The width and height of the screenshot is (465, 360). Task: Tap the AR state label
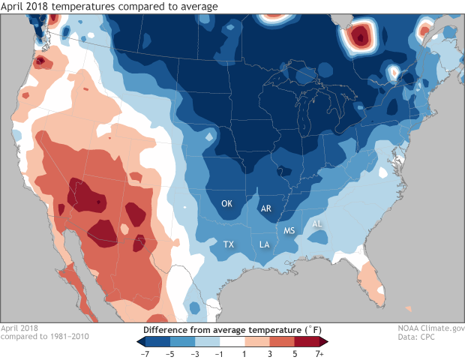[x=266, y=209]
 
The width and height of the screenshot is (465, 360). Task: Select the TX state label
[x=229, y=244]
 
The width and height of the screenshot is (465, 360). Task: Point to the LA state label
[x=265, y=244]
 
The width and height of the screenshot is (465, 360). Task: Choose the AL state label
[x=316, y=223]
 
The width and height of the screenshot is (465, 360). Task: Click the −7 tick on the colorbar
[x=145, y=351]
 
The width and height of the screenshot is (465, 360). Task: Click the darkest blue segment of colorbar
[x=150, y=340]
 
